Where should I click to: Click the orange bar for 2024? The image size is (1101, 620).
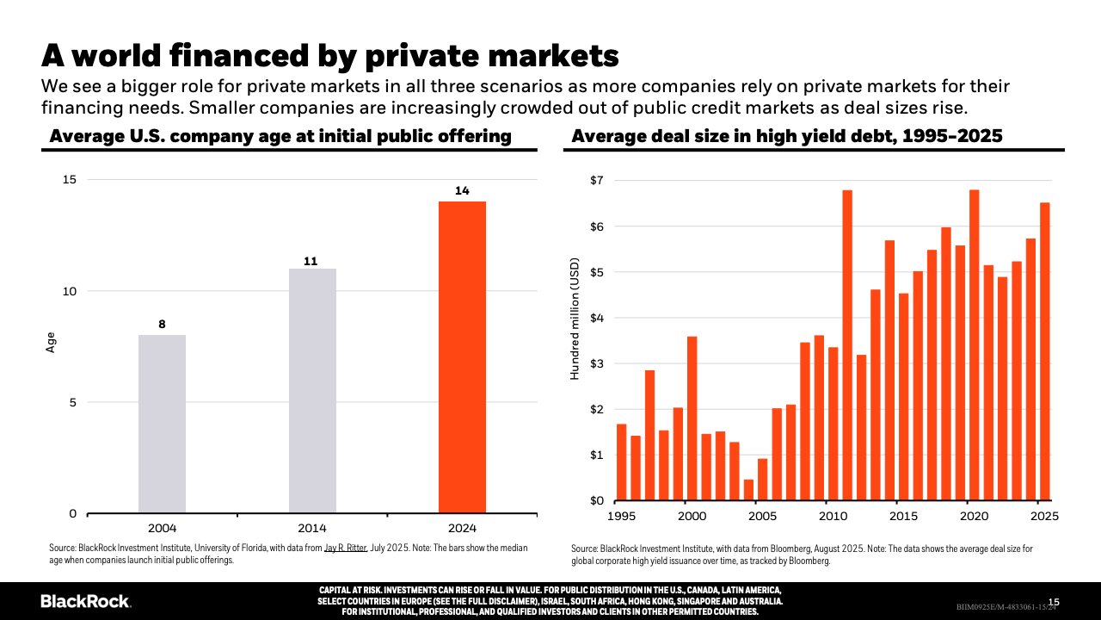tap(462, 357)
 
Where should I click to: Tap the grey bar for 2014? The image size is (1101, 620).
tap(312, 391)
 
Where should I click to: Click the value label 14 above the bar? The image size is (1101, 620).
tap(462, 191)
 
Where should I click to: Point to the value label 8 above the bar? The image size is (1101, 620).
tap(162, 325)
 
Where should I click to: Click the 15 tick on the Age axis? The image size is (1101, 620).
tap(69, 179)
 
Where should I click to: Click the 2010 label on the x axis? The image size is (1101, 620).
tap(833, 516)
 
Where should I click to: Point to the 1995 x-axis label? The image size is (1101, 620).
tap(622, 516)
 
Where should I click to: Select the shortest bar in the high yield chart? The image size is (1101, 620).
tap(748, 490)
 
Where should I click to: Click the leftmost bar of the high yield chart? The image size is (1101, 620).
tap(622, 462)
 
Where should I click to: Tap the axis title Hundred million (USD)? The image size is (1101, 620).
tap(575, 319)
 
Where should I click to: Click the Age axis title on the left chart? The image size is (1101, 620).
tap(51, 342)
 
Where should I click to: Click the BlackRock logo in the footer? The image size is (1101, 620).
tap(86, 601)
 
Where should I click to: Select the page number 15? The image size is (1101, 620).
tap(1054, 602)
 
